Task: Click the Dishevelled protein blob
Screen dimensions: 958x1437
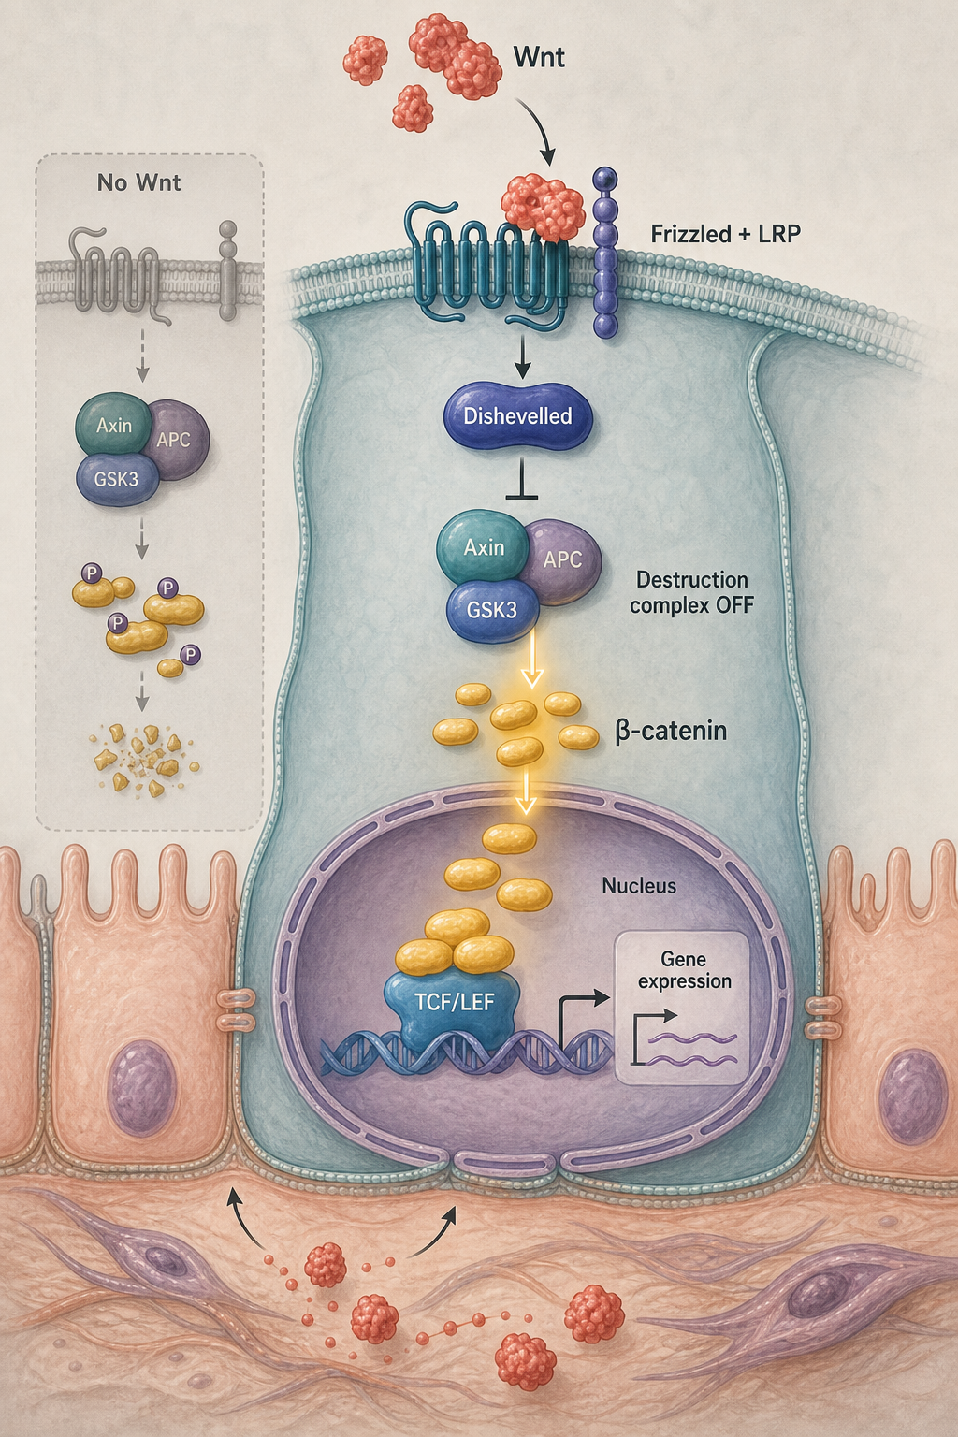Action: [517, 415]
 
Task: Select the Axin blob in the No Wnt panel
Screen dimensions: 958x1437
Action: [114, 426]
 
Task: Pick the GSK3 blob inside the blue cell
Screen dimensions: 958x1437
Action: [492, 609]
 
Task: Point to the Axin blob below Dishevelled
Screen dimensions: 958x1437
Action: [484, 547]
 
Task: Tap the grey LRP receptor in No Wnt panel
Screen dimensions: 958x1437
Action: [227, 270]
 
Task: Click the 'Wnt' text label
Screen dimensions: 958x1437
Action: [539, 58]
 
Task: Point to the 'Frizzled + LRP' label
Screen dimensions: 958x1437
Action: [726, 234]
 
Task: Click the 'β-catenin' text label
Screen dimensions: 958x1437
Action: [671, 731]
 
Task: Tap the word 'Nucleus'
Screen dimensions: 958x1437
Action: [639, 886]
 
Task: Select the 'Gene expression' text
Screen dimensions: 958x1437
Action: [685, 970]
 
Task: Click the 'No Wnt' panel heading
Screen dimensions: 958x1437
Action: [138, 182]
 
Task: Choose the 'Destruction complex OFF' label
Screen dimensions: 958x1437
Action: [691, 592]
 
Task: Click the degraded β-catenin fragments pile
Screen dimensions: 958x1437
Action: [145, 761]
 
